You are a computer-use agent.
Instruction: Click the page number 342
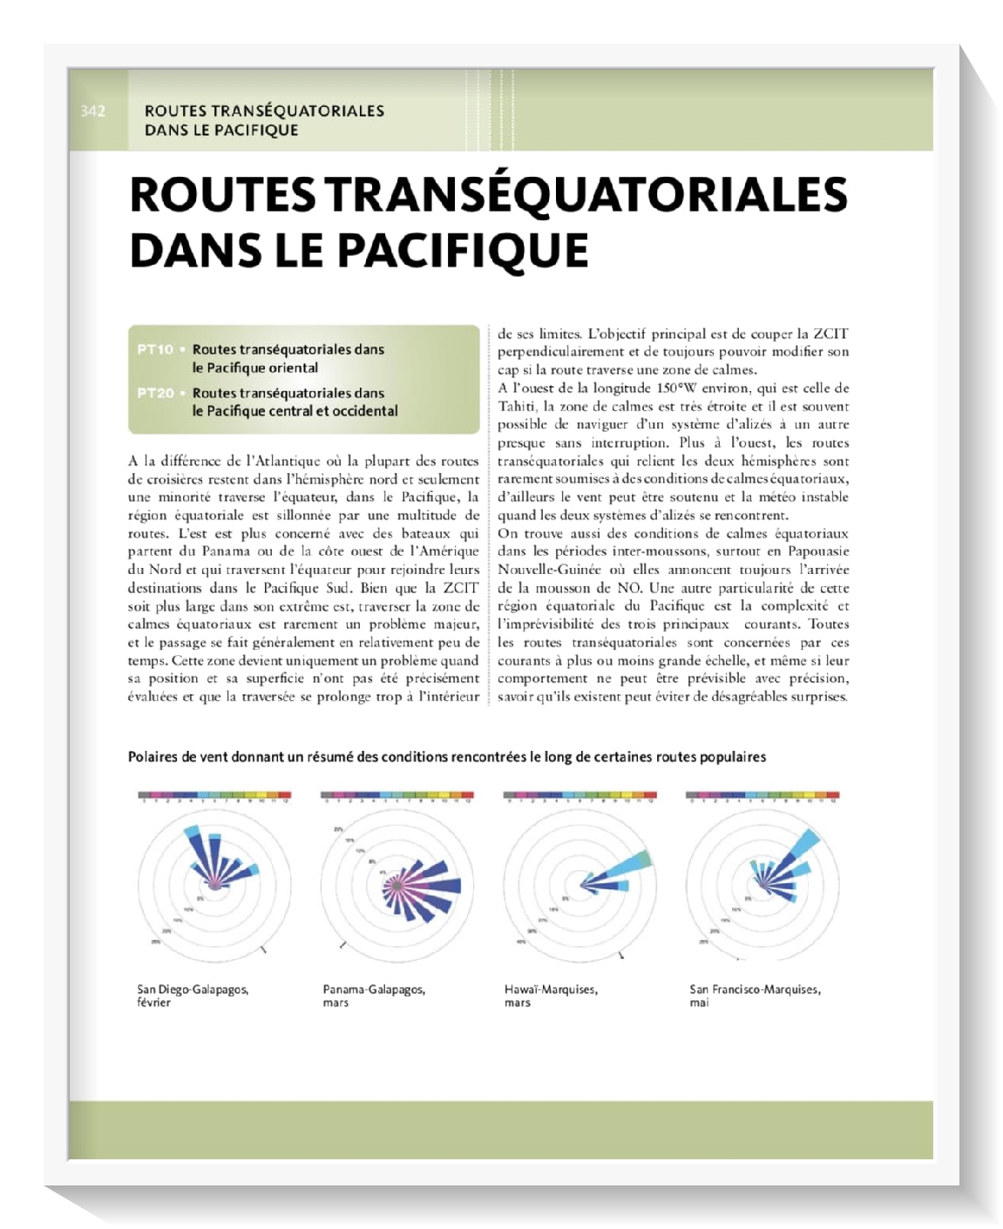[92, 111]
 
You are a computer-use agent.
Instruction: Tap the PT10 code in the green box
[155, 349]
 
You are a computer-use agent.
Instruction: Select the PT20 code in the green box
[155, 393]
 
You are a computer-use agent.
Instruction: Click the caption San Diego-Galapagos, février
[193, 996]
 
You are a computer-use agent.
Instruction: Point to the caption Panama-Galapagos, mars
[373, 996]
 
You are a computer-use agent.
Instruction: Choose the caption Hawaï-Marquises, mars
[550, 996]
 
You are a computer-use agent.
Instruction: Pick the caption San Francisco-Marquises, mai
[754, 996]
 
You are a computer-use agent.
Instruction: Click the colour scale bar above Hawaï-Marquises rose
[579, 795]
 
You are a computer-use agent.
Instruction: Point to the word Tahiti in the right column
[518, 407]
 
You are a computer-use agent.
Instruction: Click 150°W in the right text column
[679, 388]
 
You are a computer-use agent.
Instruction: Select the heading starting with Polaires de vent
[446, 757]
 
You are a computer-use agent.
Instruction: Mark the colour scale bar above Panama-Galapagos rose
[396, 795]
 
